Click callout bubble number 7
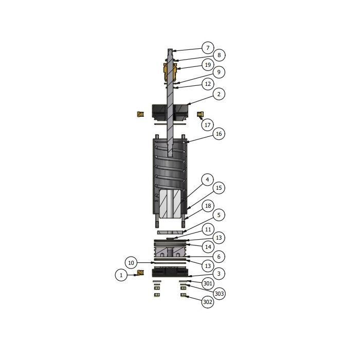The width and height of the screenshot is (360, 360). (x=207, y=48)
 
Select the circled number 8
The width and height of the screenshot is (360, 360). (x=219, y=55)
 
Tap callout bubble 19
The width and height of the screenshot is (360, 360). (x=207, y=65)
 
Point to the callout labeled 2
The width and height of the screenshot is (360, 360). (x=219, y=94)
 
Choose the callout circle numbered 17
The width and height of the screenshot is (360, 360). (x=207, y=124)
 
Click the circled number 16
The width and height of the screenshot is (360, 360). (x=219, y=134)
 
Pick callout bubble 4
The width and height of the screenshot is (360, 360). (x=207, y=179)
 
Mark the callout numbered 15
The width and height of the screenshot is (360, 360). (x=219, y=188)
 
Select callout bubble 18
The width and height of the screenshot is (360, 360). (x=207, y=206)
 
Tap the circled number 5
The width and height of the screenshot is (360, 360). (x=219, y=214)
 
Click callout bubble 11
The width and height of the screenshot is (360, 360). (x=207, y=229)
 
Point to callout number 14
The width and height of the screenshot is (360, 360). (x=207, y=247)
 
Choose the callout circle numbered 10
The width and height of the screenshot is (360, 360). (x=131, y=263)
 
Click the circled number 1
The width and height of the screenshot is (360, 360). (x=121, y=275)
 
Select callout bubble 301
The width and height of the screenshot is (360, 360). (x=207, y=283)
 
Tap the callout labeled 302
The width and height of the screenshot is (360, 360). (x=207, y=302)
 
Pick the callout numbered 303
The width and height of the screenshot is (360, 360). (x=219, y=293)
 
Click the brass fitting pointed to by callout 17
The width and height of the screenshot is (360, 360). (x=201, y=114)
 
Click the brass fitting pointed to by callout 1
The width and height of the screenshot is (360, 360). (x=139, y=275)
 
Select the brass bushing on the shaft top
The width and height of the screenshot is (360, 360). (x=171, y=72)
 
